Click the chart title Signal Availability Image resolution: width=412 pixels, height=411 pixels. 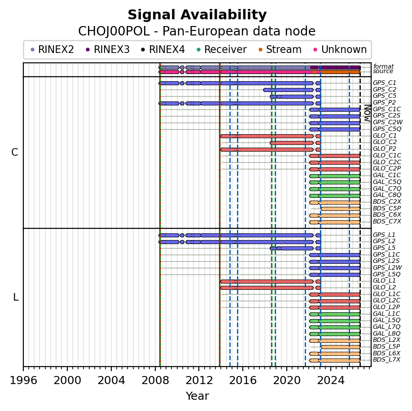pos(197,15)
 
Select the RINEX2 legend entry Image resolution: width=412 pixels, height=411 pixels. pos(52,49)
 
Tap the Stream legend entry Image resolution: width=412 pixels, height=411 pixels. pos(280,49)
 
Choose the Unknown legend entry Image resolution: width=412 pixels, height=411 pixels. pos(340,49)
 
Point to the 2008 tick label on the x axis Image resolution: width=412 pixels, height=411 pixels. pos(155,380)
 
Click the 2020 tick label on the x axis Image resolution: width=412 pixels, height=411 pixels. pos(287,380)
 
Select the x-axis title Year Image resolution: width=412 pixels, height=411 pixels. pos(197,396)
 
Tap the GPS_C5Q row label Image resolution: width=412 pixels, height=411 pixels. pos(387,129)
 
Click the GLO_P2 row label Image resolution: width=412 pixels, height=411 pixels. pos(385,149)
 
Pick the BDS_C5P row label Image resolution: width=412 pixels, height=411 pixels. pos(387,208)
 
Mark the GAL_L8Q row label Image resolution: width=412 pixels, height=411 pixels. pos(386,333)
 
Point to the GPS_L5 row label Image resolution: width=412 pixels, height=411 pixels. pos(384,248)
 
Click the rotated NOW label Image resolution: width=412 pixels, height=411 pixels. pos(368,113)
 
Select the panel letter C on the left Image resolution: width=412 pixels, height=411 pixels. pos(15,152)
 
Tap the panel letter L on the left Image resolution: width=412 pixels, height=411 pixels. pos(16,297)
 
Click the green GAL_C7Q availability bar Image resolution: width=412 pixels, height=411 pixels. pos(335,189)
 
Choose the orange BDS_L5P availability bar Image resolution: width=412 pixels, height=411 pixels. pos(341,347)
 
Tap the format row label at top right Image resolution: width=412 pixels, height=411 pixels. pos(383,66)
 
